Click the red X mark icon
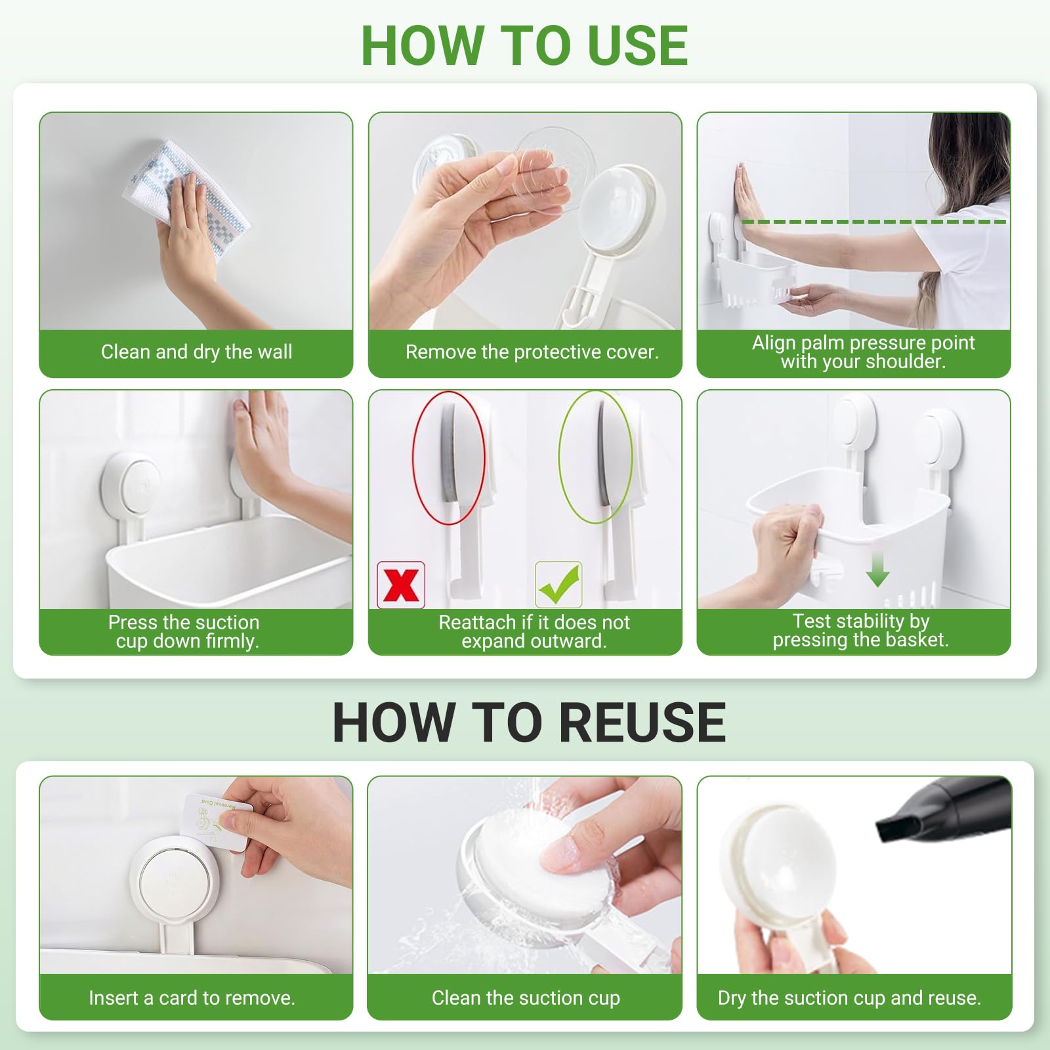click(x=401, y=585)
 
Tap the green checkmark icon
click(x=558, y=584)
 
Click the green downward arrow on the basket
click(x=877, y=568)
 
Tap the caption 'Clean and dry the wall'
click(x=196, y=352)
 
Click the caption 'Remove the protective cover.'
click(x=532, y=352)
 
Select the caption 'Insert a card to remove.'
click(x=192, y=998)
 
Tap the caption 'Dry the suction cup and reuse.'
click(x=849, y=998)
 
